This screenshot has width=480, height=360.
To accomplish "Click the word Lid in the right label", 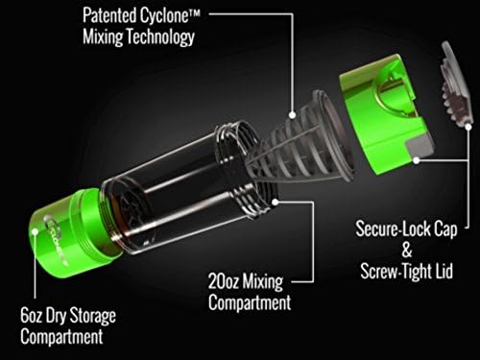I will click(x=434, y=272).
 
